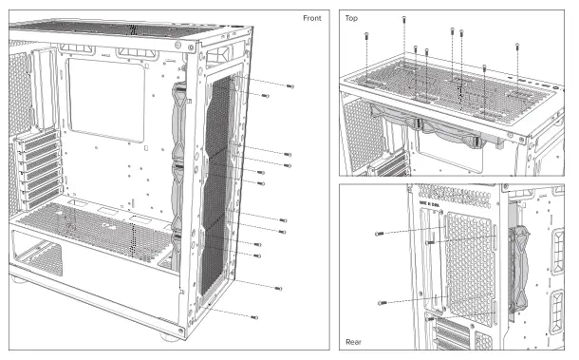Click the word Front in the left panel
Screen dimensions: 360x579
coord(311,18)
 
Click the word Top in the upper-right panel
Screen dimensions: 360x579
coord(351,18)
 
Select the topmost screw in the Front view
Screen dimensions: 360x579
coord(289,86)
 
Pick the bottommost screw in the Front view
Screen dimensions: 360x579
coord(253,315)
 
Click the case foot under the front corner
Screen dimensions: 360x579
coord(169,336)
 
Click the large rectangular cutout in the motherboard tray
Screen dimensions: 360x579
coord(106,103)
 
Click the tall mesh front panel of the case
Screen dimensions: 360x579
coord(226,190)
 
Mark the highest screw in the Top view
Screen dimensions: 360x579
coord(406,19)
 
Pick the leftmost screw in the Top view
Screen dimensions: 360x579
coord(365,36)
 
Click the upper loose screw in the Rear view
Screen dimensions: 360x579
coord(380,233)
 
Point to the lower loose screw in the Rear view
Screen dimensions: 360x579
coord(382,302)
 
